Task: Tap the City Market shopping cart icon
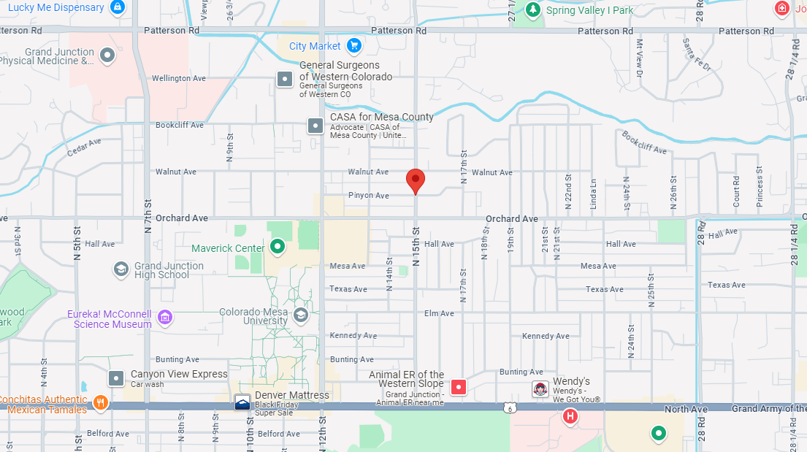354,46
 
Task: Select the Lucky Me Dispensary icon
117,7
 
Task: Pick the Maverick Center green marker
278,248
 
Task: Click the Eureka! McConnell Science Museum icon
165,318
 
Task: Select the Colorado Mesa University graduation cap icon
300,315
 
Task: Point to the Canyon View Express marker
116,378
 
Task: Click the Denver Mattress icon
242,402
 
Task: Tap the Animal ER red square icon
458,387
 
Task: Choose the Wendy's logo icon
540,389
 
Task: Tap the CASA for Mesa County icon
315,126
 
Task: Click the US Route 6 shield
510,407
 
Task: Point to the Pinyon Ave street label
369,196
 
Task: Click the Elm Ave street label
439,313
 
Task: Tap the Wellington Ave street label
179,78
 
